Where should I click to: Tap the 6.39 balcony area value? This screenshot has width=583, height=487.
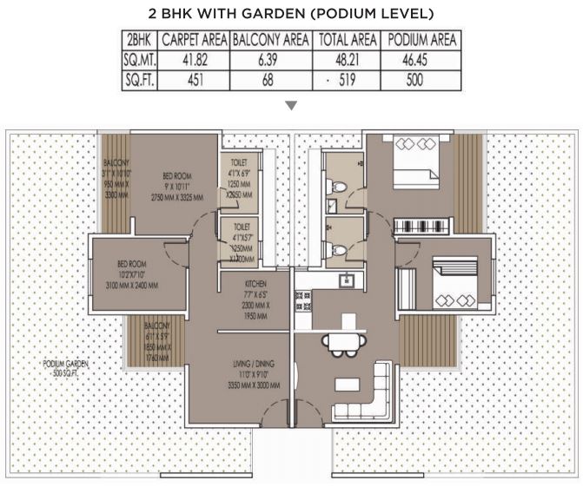coord(270,58)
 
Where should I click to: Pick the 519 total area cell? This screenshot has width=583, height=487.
coord(348,78)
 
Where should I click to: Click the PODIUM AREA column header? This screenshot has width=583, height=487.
coord(422,40)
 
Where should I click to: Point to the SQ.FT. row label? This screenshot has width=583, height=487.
coord(139,78)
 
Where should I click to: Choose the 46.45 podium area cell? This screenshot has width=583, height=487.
coord(422,58)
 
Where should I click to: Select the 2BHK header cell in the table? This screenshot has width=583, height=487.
coord(139,40)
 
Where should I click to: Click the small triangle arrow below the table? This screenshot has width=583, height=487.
coord(291,106)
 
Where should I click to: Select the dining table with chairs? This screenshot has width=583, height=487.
coord(340,341)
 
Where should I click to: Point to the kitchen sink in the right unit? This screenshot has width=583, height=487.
coord(346,280)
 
